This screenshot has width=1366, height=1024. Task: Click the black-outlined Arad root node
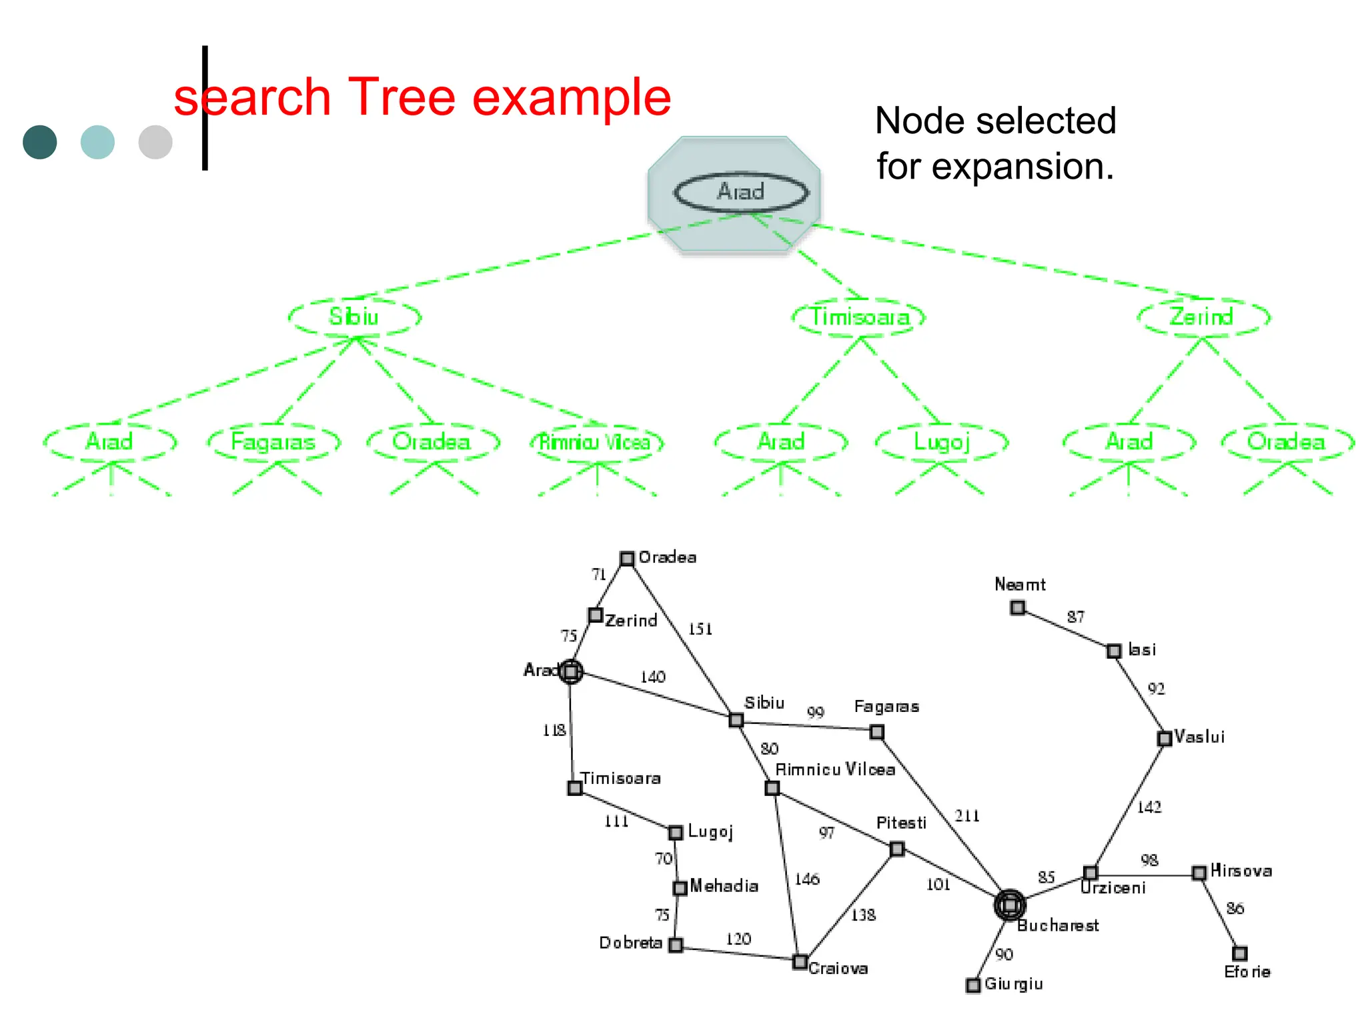click(740, 193)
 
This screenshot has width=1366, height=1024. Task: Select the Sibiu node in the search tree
click(354, 317)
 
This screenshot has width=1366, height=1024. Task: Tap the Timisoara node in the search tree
click(859, 317)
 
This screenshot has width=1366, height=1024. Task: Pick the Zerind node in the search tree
click(1203, 317)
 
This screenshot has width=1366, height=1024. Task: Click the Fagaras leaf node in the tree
click(273, 442)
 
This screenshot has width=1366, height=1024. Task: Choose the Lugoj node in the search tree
click(941, 442)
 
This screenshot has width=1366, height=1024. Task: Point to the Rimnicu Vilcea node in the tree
click(596, 442)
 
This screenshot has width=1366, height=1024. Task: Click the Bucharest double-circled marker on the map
click(1010, 905)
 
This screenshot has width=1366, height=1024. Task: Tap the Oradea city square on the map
click(627, 558)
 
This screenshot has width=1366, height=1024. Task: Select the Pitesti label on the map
click(901, 823)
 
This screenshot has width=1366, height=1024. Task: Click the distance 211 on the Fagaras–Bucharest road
click(966, 815)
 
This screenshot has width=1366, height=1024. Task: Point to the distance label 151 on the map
click(700, 629)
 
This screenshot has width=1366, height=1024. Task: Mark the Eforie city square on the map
click(1239, 953)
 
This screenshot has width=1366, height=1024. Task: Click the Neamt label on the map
click(1019, 585)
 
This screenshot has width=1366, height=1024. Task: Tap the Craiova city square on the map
click(800, 961)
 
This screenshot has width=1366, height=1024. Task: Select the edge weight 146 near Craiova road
click(806, 879)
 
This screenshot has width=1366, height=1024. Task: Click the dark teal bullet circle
click(40, 142)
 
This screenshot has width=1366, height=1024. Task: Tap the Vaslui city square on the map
click(1164, 738)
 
